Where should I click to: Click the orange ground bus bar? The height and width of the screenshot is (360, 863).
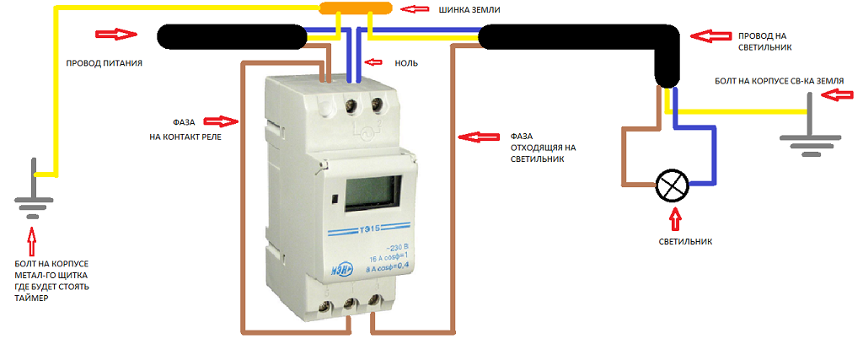(354, 9)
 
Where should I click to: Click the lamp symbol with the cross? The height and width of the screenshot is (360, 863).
(673, 185)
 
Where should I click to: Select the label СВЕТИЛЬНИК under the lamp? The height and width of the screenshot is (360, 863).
(685, 241)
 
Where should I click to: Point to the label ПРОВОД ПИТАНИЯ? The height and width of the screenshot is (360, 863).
(104, 63)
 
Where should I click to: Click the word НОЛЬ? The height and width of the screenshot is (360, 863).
(406, 63)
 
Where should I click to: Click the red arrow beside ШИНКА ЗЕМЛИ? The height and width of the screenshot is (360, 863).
(412, 10)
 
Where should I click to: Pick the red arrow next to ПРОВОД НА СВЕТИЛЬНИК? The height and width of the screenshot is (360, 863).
(708, 36)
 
